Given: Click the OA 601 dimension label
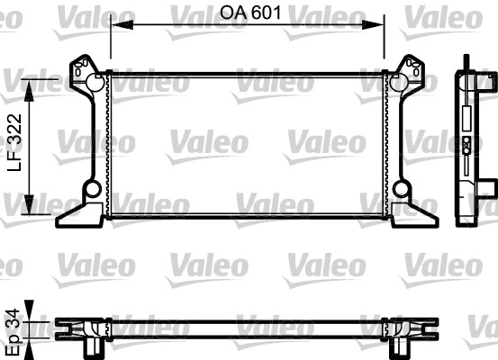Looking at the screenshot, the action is coord(251,13).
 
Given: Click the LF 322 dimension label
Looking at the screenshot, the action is coord(15,143).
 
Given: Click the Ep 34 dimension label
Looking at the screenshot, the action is coord(14,332).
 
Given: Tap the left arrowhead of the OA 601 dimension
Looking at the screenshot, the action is coord(122,25).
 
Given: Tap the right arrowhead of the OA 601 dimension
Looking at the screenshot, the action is coord(373,25).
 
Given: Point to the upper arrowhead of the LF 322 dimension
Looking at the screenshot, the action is coord(29,91).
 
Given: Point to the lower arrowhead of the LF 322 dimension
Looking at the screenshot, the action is coord(29,204).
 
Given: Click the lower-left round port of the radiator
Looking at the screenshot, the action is coord(93,189).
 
